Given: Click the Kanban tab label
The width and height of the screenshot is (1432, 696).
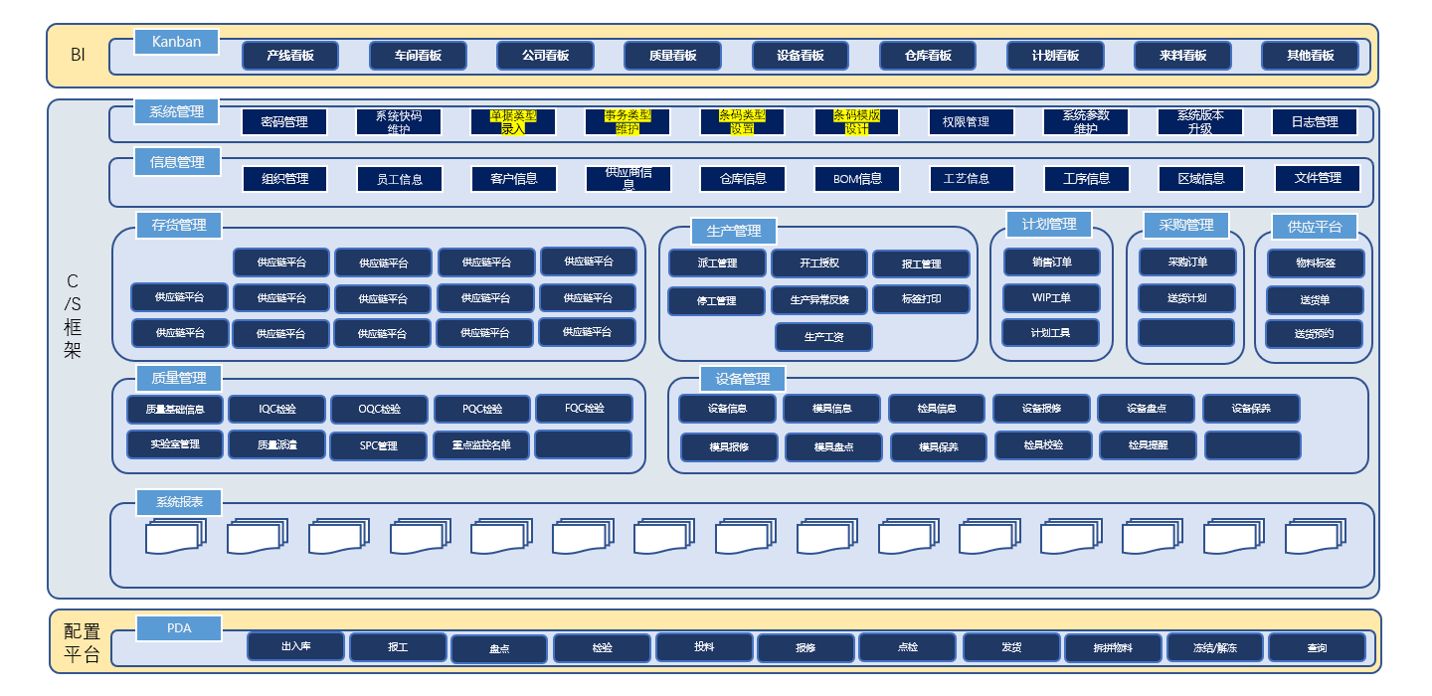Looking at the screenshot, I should pos(176,42).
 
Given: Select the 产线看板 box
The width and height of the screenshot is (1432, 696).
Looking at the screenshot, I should pos(290,56).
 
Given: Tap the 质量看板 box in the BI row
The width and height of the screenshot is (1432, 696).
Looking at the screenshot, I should pos(672,56).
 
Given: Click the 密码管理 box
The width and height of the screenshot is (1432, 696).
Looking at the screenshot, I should pos(284,122).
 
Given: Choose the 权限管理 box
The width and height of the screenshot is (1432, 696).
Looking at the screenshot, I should pos(972,122).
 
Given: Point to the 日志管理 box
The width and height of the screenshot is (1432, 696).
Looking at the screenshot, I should pos(1315,122).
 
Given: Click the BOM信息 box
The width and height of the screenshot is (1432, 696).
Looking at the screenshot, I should pos(856,179).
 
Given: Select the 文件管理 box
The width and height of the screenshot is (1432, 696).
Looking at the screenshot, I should pos(1318,178).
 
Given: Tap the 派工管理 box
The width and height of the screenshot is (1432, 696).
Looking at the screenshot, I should pos(717,263).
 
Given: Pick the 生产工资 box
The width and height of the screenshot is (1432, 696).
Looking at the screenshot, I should pos(823,337).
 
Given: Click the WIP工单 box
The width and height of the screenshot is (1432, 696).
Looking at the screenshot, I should pos(1051,298).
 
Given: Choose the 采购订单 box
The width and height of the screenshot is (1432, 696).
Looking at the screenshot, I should pos(1187,262).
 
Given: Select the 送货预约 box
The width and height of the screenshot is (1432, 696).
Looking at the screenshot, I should pos(1315,334).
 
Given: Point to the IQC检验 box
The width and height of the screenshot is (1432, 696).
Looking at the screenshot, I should pos(277,409).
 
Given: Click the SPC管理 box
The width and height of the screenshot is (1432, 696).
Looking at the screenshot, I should pos(379,446).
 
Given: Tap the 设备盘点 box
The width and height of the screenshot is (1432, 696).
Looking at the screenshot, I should pos(1146,409).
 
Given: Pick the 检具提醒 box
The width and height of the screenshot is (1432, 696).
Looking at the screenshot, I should pos(1148,445).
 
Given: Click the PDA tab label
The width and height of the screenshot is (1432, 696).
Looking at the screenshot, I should pos(179,628).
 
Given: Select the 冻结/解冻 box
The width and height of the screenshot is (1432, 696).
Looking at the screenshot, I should pos(1214,648).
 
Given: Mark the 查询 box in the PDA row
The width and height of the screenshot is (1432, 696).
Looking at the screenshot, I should pos(1317,648).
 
